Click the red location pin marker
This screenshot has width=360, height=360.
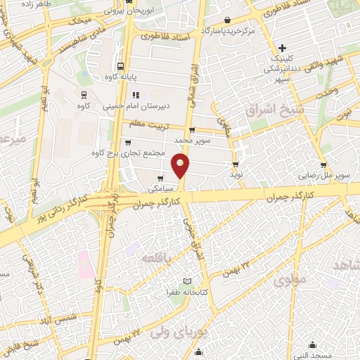click(181, 167)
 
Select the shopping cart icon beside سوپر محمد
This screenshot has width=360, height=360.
click(191, 130)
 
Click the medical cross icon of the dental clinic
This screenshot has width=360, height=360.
click(282, 49)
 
